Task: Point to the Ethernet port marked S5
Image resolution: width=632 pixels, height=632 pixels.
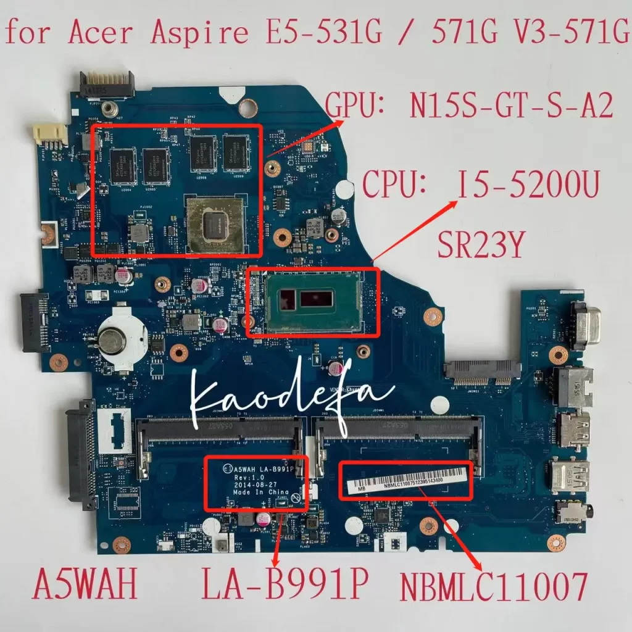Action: [573, 387]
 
